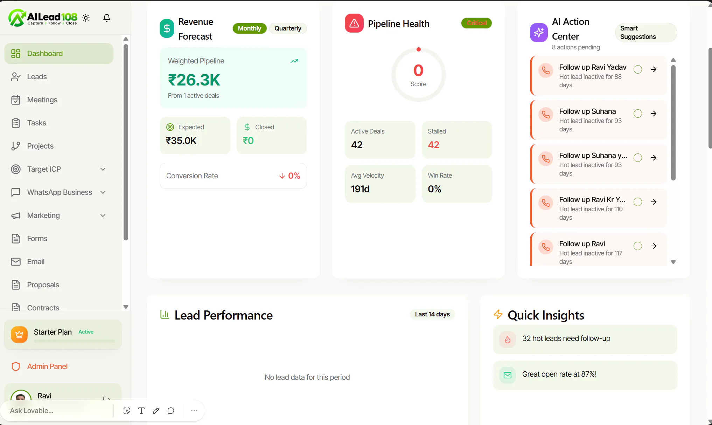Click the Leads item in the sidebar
point(37,77)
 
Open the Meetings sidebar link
point(42,100)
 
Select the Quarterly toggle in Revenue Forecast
point(288,28)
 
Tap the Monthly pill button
point(250,28)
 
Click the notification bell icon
point(107,18)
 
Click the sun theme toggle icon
point(86,18)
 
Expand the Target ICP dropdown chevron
point(103,169)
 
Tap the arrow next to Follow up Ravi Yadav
point(654,69)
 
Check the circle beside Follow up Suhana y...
point(638,158)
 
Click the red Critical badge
point(476,23)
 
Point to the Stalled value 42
point(433,145)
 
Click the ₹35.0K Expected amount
point(181,140)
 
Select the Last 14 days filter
point(432,314)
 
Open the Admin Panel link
point(47,366)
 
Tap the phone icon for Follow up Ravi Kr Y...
point(546,203)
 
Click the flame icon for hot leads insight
point(508,339)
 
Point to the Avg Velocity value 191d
point(360,189)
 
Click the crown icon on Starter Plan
point(19,335)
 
